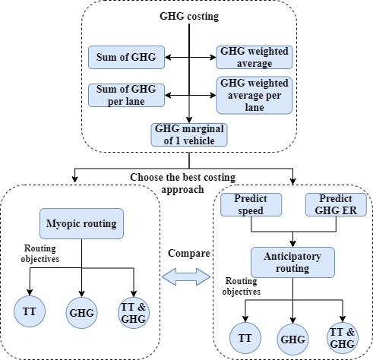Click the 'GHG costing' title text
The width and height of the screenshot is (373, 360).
pos(189,16)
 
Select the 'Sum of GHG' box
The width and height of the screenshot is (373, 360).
pos(126,57)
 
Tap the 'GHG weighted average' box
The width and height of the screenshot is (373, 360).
pos(254,57)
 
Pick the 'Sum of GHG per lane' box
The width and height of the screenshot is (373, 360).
pos(126,95)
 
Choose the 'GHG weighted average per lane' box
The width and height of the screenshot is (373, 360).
pos(254,95)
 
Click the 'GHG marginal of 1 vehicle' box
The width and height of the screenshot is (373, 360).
pos(189,134)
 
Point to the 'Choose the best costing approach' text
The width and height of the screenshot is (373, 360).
pos(183,183)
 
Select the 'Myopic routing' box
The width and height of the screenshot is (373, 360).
pos(81,223)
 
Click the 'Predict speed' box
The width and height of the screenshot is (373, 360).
pos(251,204)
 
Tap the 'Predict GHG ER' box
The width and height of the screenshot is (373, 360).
pos(336,204)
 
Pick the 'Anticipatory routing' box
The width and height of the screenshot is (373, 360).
pos(292,262)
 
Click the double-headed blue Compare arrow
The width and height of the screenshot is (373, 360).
pos(186,277)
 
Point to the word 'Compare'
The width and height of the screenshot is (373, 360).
pos(189,254)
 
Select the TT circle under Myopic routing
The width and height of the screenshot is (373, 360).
pos(30,311)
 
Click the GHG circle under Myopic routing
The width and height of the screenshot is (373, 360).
pos(81,313)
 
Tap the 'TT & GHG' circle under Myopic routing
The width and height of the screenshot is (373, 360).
pos(134,313)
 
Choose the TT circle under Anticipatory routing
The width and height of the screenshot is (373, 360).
pos(245,338)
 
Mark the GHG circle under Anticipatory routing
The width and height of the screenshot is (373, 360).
pos(292,339)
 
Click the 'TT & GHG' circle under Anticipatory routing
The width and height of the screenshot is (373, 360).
pos(343,338)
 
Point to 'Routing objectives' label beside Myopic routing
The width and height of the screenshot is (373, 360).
pos(40,254)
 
